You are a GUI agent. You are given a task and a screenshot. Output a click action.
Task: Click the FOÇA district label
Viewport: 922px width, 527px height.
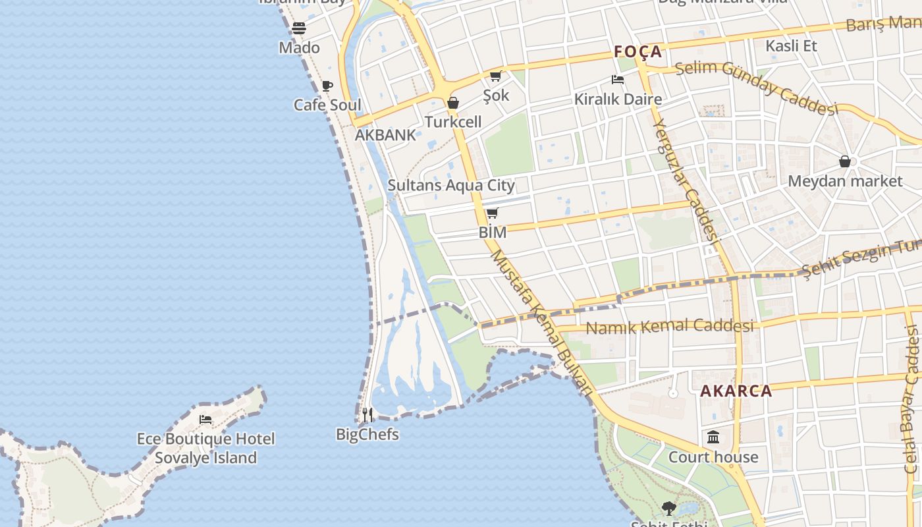point(637,51)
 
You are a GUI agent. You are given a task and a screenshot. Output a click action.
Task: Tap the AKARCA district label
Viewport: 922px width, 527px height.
point(736,391)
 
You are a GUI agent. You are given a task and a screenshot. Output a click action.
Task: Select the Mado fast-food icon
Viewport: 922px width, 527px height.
point(299,28)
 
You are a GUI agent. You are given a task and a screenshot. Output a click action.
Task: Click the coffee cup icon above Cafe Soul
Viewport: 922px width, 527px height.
point(327,86)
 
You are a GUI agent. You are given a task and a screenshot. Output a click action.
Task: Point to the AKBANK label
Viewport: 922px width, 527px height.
point(385,135)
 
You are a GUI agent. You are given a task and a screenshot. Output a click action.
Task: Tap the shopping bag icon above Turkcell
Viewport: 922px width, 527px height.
point(453,103)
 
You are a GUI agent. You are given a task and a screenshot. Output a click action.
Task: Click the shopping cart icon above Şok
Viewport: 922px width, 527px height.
point(496,76)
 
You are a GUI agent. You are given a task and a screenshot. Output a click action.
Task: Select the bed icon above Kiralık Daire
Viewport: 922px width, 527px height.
point(618,80)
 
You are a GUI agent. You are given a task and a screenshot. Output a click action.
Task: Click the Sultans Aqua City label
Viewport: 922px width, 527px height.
point(451,185)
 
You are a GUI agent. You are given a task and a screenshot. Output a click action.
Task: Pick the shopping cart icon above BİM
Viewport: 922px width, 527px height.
point(493,213)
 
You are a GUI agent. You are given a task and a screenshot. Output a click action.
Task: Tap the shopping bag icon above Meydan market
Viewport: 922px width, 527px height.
point(845,161)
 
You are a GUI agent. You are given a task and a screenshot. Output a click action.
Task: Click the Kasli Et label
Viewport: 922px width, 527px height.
point(791,45)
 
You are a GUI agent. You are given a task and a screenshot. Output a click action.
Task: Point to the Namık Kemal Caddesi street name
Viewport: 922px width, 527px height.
point(670,326)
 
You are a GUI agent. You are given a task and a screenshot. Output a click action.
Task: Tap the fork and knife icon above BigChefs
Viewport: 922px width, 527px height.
point(367,415)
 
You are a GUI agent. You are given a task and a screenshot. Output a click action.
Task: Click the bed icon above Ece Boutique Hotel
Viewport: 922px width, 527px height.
point(205,419)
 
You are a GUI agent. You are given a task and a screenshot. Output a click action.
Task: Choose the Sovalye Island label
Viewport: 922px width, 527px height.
point(205,458)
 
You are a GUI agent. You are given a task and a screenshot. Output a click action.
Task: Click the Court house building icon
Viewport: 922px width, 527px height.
point(713,437)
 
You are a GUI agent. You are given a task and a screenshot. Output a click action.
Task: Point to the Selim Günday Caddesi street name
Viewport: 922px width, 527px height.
point(755,86)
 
